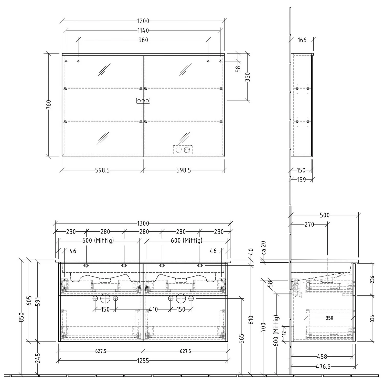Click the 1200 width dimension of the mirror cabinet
[143, 21]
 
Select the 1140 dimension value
[143, 31]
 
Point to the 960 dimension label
[143, 40]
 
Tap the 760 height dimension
[49, 104]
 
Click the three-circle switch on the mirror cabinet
[143, 101]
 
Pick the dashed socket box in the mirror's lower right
[183, 150]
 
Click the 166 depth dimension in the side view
[302, 40]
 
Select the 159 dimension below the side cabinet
[302, 180]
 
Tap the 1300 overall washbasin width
[143, 223]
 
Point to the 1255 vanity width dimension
[143, 361]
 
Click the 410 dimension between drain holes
[153, 310]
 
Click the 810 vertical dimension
[251, 320]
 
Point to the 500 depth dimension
[325, 215]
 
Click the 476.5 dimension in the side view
[323, 367]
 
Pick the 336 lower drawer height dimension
[372, 318]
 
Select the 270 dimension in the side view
[309, 225]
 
